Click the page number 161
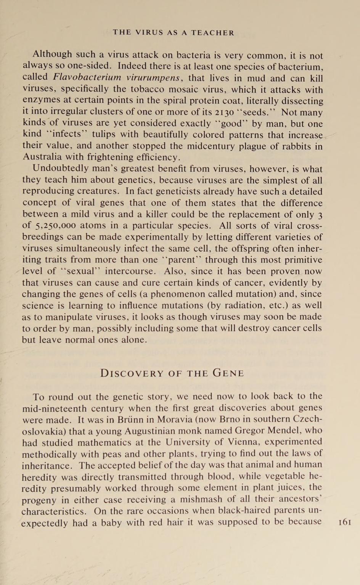(344, 522)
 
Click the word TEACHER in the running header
(213, 33)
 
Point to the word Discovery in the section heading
(132, 373)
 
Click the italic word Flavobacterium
(87, 78)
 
